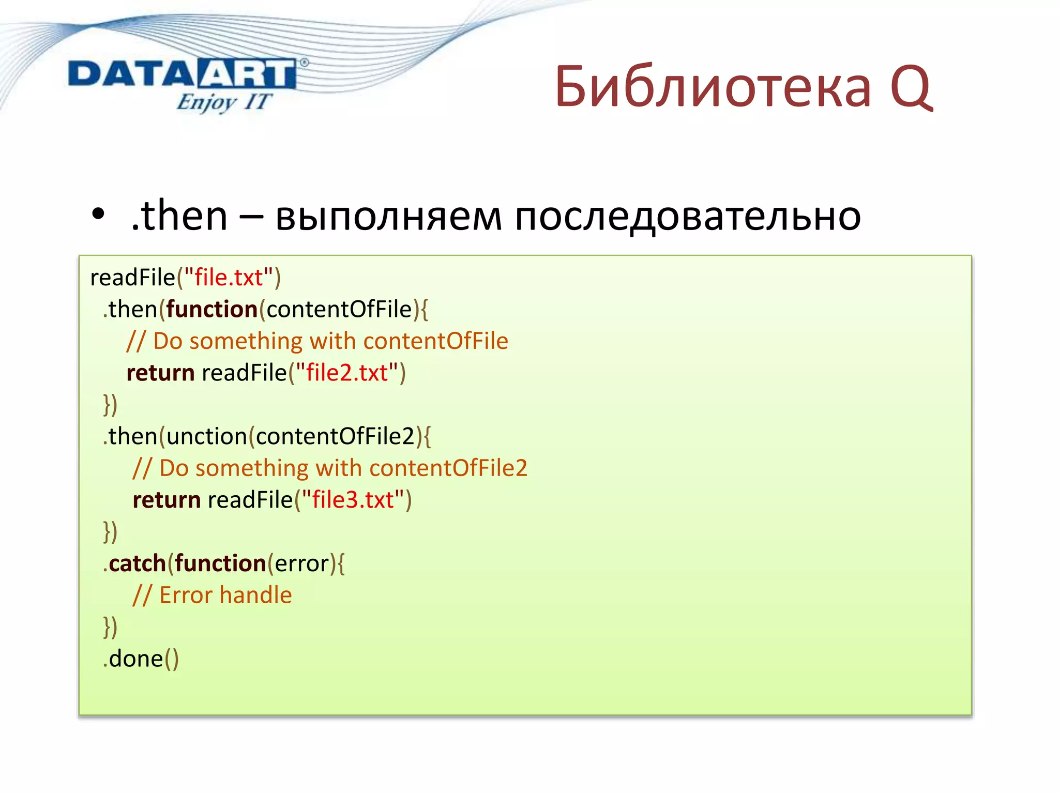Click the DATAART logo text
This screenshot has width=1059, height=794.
[x=182, y=73]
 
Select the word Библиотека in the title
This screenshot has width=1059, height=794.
[x=713, y=87]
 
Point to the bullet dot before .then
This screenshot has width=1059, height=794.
[x=98, y=215]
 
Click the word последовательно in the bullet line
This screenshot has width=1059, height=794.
[x=688, y=216]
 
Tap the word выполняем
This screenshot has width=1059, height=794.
[x=388, y=216]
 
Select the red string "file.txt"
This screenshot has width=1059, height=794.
[x=228, y=278]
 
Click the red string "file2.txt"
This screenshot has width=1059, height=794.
[x=346, y=373]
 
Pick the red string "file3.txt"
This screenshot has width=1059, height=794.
[x=353, y=500]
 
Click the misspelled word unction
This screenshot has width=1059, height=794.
[x=207, y=436]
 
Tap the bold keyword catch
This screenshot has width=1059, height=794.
[x=137, y=563]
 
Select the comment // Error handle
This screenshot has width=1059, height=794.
[x=213, y=595]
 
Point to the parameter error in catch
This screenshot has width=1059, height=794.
[x=301, y=563]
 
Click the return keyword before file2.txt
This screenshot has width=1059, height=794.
[x=160, y=373]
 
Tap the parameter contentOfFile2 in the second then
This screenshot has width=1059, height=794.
[x=335, y=436]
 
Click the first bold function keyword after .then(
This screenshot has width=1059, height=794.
[x=211, y=309]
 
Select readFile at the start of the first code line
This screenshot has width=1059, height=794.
[x=132, y=278]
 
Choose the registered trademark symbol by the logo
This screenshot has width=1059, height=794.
[x=304, y=63]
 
